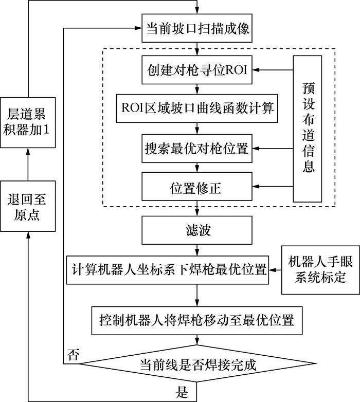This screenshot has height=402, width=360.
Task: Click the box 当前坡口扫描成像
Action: click(x=197, y=29)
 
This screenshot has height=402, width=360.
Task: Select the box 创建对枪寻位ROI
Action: click(x=197, y=69)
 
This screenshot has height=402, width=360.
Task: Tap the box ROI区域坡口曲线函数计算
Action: click(x=197, y=108)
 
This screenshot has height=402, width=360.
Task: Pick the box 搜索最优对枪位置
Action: click(x=197, y=149)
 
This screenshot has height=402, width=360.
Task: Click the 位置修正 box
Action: click(x=197, y=187)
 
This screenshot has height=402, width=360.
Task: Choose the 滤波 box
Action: click(x=197, y=230)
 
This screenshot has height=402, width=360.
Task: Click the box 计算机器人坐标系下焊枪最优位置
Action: click(x=168, y=269)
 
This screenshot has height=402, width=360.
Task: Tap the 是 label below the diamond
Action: click(x=182, y=394)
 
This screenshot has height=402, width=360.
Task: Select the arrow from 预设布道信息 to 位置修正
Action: click(x=272, y=187)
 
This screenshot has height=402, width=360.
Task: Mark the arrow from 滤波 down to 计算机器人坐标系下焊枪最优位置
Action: click(x=197, y=250)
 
